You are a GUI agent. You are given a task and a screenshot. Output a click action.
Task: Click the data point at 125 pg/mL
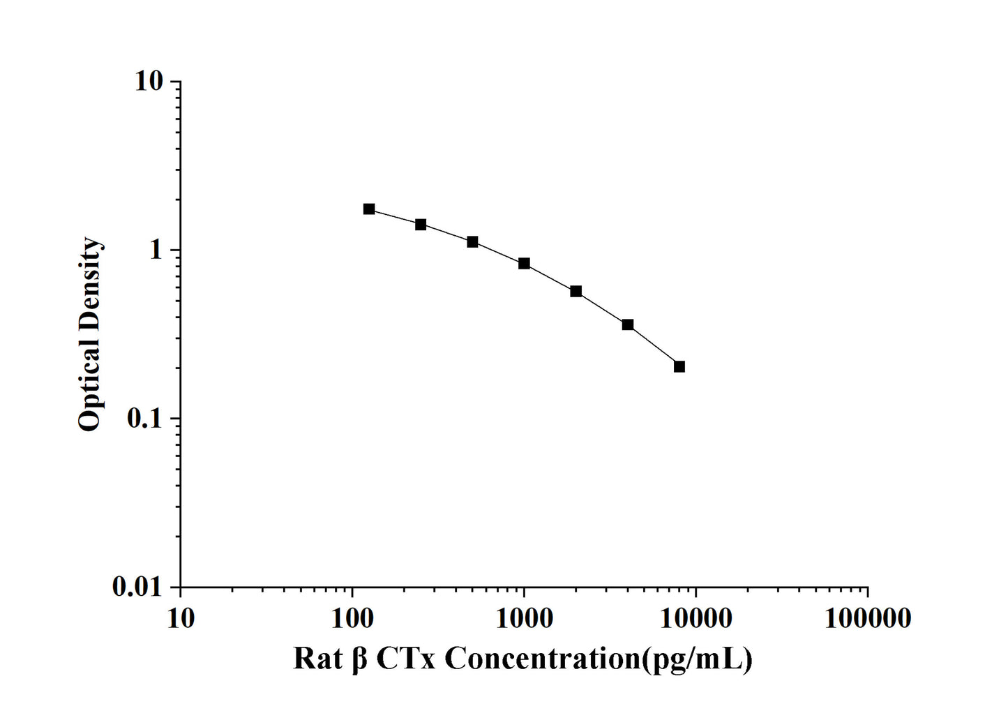[369, 209]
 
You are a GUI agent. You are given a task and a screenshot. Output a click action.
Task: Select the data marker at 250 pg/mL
[421, 225]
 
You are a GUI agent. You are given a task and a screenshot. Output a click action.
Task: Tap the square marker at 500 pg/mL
[472, 242]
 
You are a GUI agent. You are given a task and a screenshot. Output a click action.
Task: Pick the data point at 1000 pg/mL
[524, 264]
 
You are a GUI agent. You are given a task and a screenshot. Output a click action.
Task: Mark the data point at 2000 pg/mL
[576, 292]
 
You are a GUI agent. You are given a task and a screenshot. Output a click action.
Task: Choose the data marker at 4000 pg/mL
[628, 325]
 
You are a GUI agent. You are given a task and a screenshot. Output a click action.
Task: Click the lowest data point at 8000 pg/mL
[679, 367]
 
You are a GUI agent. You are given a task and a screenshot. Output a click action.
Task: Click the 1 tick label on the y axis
[156, 250]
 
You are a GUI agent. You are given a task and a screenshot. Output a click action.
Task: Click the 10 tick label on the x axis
[181, 618]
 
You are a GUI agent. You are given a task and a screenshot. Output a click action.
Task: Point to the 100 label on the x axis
[352, 618]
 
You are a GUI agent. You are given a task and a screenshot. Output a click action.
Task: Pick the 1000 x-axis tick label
[524, 618]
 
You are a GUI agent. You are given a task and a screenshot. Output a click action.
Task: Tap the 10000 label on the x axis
[695, 618]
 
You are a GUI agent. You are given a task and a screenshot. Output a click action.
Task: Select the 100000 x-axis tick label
[867, 618]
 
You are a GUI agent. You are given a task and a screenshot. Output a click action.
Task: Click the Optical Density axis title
[89, 334]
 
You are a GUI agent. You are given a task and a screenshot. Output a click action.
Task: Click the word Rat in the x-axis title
[318, 658]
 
